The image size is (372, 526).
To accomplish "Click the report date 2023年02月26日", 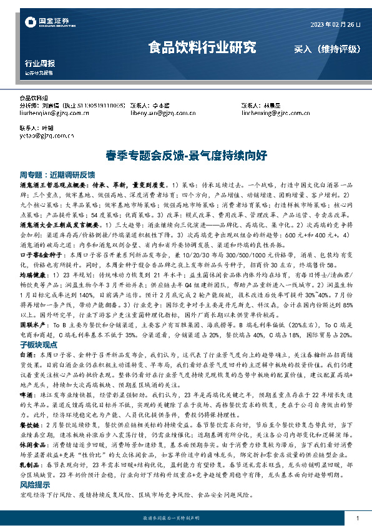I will coord(335,24).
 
